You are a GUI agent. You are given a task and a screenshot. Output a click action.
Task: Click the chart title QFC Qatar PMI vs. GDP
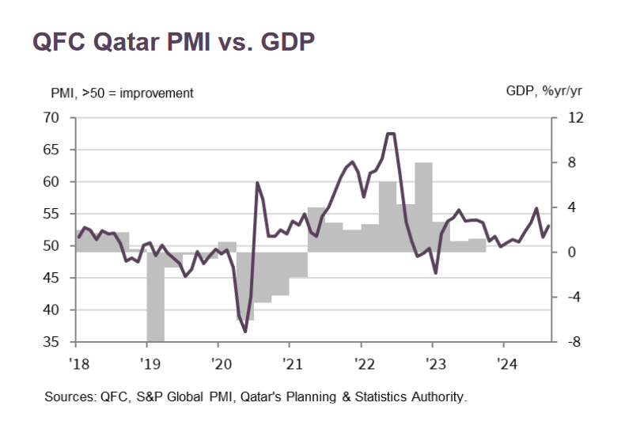(173, 42)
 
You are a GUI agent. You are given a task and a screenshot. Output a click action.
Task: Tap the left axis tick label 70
(51, 118)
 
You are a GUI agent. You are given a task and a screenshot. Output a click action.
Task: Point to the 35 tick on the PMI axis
(51, 343)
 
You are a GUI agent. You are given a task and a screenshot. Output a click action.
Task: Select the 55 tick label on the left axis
(51, 214)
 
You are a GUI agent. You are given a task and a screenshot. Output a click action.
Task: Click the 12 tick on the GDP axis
(574, 118)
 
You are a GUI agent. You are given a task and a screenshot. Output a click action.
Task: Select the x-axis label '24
(504, 363)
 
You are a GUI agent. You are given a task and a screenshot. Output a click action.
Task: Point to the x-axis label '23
(433, 363)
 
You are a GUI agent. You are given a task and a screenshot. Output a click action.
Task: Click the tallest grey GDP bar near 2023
(423, 206)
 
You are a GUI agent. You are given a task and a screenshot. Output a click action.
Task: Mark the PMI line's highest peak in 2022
(390, 134)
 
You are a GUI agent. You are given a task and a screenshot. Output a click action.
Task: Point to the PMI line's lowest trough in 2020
(245, 331)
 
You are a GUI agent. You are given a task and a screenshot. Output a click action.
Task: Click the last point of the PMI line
(549, 226)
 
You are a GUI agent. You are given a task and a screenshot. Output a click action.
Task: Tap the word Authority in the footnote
(441, 397)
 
